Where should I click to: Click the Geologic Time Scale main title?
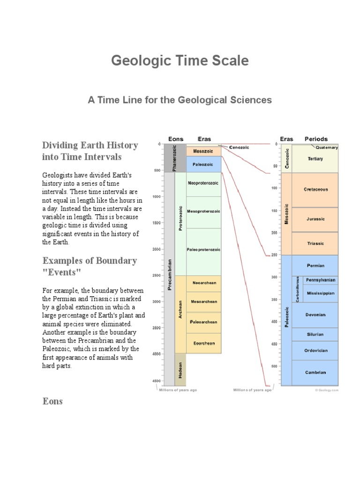180,60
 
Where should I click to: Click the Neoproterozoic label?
203,183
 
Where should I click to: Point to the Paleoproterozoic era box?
203,250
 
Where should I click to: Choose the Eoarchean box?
204,343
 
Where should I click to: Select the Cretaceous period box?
315,190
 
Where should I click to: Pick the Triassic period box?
315,243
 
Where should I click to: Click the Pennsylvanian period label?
321,280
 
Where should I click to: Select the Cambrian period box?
315,373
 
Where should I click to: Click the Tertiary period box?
315,159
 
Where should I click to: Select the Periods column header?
316,139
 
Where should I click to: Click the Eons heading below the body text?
52,402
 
